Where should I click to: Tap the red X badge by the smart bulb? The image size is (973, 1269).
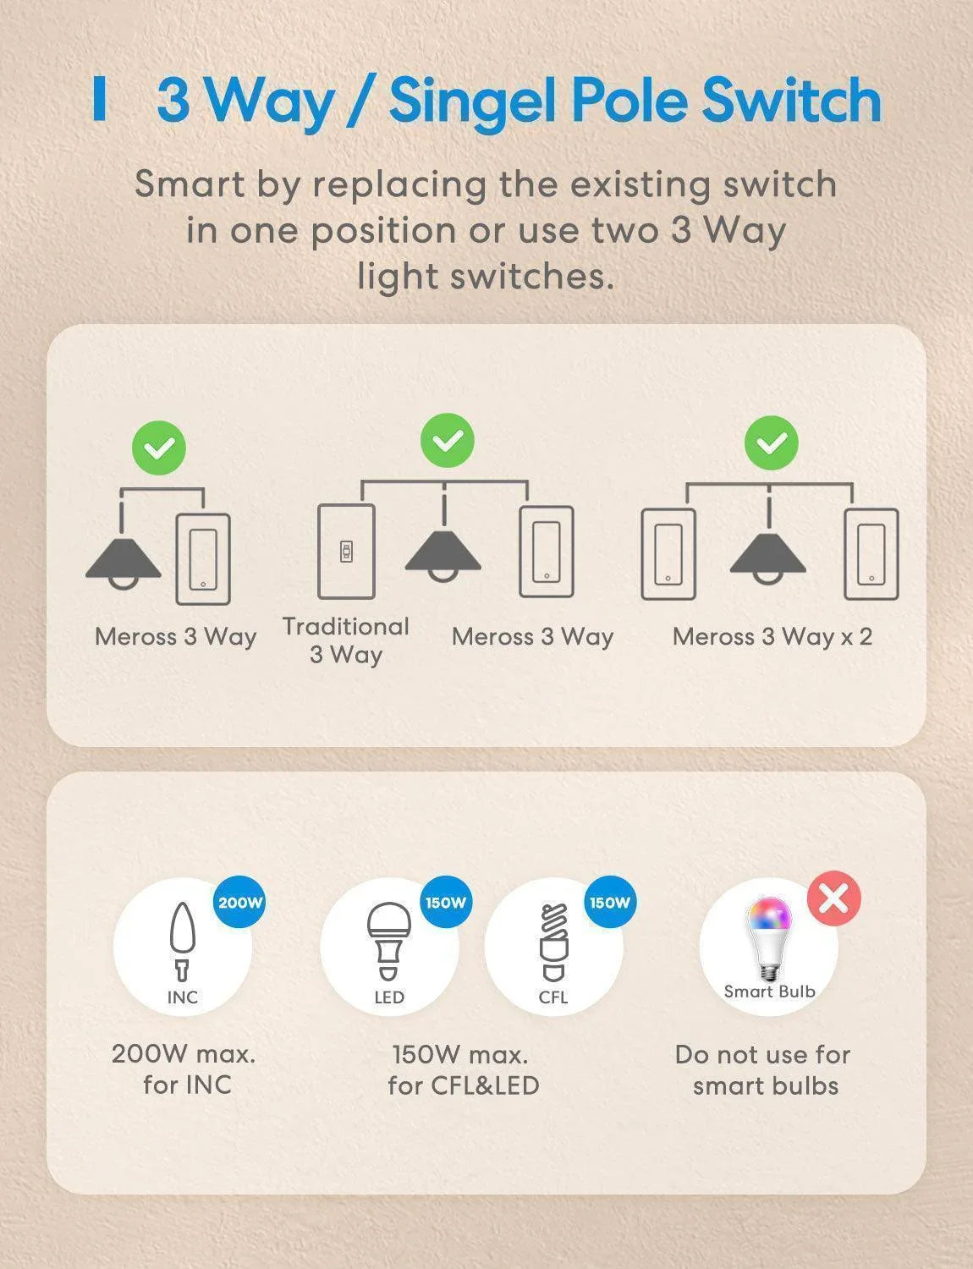(833, 899)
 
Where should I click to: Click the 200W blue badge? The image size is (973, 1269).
(240, 903)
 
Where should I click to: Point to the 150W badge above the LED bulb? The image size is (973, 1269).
(446, 903)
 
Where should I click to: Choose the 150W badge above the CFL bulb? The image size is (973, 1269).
(610, 903)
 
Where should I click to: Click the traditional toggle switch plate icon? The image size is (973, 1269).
(346, 552)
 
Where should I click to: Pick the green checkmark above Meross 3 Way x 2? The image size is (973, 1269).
(771, 442)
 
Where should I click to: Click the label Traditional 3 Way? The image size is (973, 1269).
(345, 640)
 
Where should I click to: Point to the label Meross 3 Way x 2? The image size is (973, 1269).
(772, 636)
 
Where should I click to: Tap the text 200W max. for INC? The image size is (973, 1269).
(184, 1069)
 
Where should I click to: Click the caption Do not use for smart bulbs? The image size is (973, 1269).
(763, 1070)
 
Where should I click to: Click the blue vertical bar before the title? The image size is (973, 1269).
(100, 100)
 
